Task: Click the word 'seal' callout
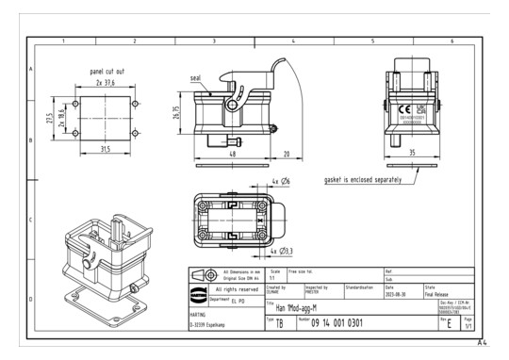pyautogui.click(x=194, y=78)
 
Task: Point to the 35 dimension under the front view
pyautogui.click(x=412, y=151)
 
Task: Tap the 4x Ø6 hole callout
pyautogui.click(x=281, y=180)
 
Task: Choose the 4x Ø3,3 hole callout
pyautogui.click(x=281, y=252)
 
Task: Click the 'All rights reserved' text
pyautogui.click(x=230, y=288)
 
